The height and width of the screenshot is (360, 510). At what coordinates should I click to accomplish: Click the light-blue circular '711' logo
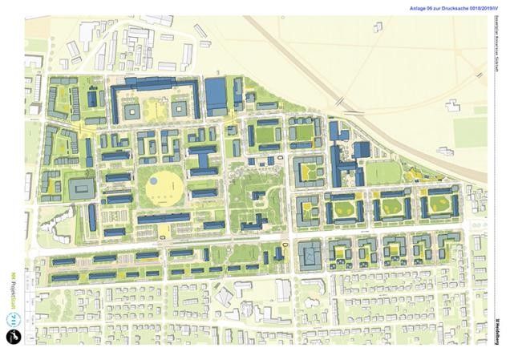point(13,318)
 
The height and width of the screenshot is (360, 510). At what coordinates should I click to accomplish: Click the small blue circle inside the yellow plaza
point(153,181)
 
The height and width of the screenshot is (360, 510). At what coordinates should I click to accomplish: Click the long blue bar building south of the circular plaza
point(164,218)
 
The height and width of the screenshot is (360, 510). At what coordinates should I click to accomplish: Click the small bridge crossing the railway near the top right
point(342,101)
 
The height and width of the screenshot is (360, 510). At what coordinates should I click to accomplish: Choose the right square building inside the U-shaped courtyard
point(180,107)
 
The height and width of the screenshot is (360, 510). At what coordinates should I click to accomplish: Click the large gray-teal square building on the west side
point(82,189)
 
